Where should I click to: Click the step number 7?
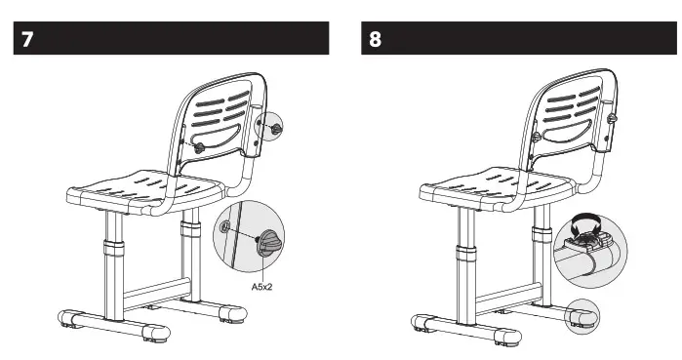click(x=27, y=42)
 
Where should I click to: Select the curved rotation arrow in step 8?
click(x=587, y=223)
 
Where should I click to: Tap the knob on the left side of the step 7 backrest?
click(x=198, y=146)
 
